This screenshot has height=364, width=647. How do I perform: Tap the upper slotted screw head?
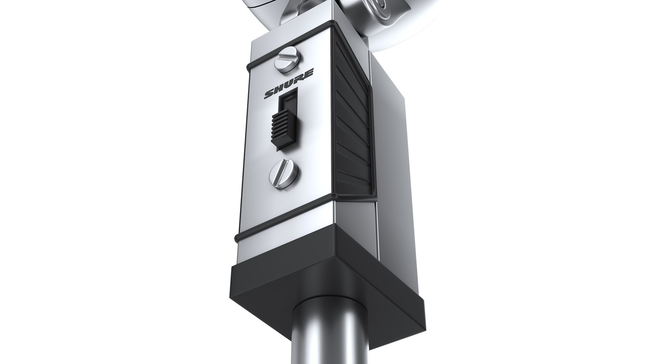(287, 59)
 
